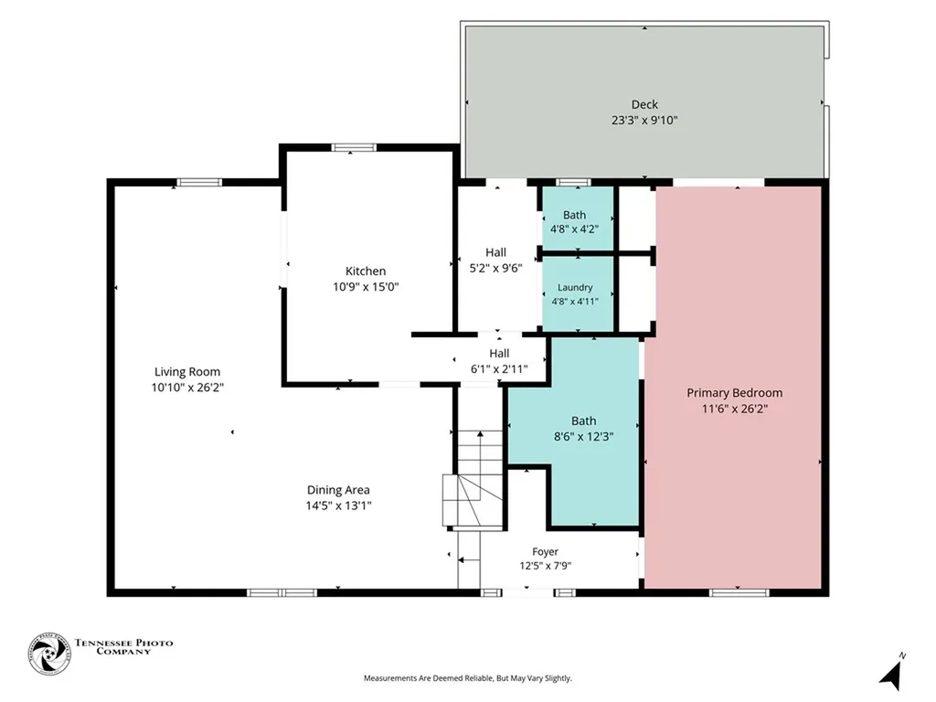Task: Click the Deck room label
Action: tap(644, 104)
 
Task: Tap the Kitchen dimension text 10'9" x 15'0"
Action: tap(366, 287)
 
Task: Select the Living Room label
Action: tap(186, 372)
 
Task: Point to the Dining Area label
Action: tap(338, 490)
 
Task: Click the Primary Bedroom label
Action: tap(734, 393)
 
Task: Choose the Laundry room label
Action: tap(575, 288)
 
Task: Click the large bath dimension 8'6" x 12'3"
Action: tap(583, 436)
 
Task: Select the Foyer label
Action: tap(545, 552)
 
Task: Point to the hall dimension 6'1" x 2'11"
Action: tap(499, 369)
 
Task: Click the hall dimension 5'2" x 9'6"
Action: tap(495, 268)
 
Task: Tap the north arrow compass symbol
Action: tap(892, 672)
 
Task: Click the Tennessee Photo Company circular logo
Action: tap(49, 654)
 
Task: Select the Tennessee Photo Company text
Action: tap(123, 647)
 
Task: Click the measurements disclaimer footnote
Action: tap(467, 678)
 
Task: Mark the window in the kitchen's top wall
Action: tap(354, 147)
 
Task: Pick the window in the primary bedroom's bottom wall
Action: tap(739, 592)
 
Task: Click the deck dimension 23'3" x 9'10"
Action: tap(644, 120)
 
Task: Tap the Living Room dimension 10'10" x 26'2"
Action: tap(186, 388)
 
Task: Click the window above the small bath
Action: tap(573, 182)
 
